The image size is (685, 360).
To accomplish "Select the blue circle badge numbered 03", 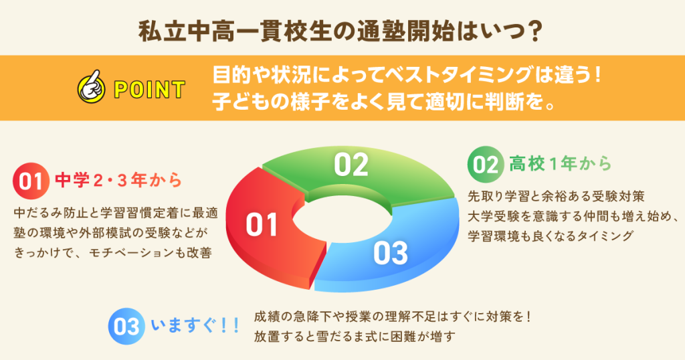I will click(x=126, y=325).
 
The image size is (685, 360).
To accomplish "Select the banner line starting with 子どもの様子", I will click(x=387, y=101).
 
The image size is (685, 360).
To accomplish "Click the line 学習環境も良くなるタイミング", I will click(x=550, y=236).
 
